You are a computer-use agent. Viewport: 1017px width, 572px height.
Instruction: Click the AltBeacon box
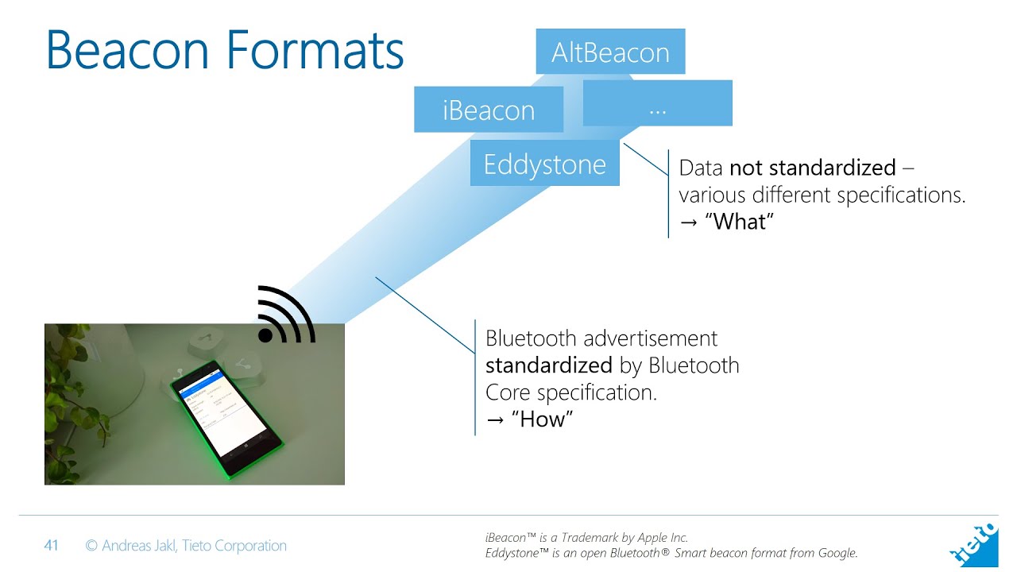[x=610, y=52]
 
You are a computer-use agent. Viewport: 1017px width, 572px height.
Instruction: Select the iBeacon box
[x=489, y=110]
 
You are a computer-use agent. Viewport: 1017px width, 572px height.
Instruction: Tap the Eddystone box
[x=544, y=164]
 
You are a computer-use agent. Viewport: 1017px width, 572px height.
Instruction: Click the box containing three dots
[x=657, y=103]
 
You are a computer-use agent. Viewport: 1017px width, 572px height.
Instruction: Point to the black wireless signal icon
[x=286, y=315]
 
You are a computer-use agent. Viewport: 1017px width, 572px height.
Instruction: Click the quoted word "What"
[x=738, y=221]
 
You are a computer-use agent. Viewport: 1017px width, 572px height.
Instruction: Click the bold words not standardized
[x=812, y=168]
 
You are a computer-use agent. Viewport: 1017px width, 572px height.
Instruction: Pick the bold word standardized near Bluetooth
[x=548, y=365]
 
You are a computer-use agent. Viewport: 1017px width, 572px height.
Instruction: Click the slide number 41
[x=51, y=546]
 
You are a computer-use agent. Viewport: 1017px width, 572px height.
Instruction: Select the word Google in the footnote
[x=835, y=553]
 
